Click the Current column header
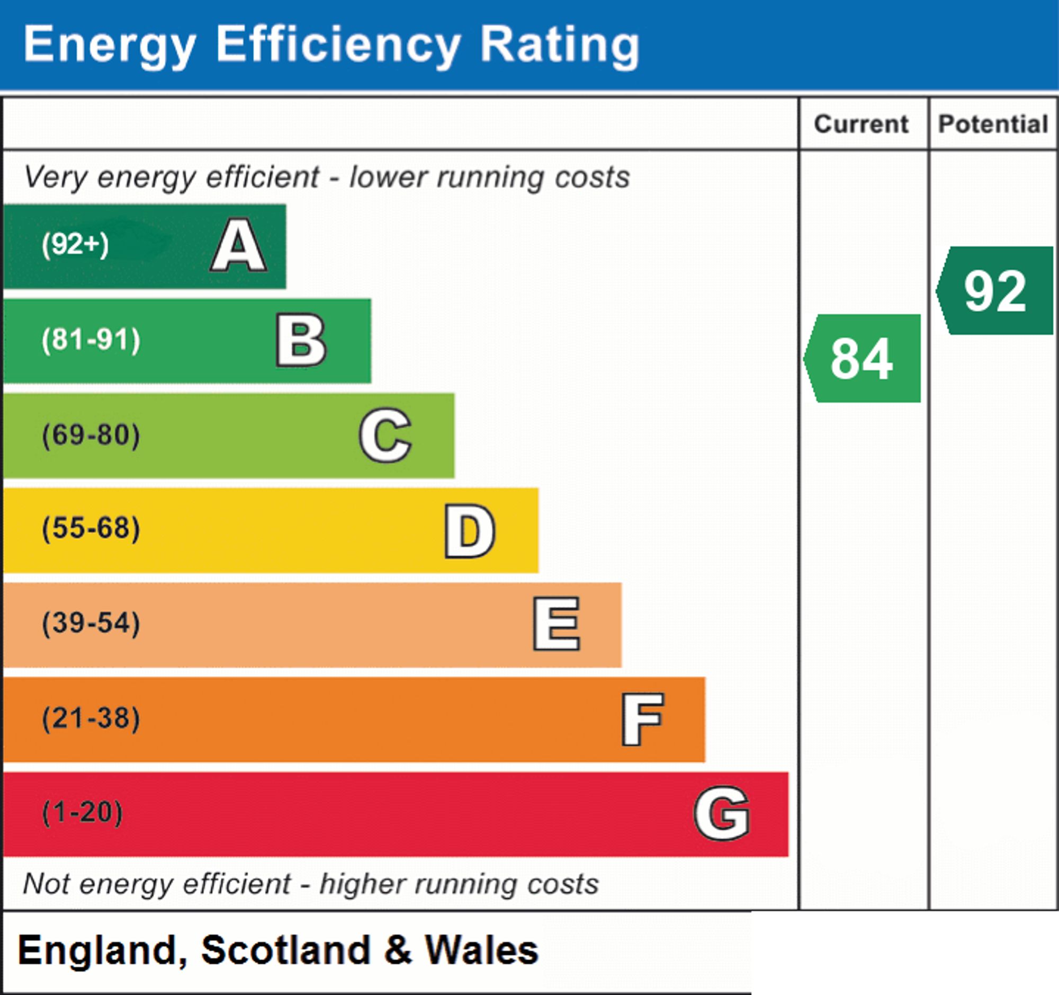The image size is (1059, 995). click(861, 124)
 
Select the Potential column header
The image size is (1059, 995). click(993, 124)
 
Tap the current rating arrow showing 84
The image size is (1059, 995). click(862, 358)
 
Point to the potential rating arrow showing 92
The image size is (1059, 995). click(994, 290)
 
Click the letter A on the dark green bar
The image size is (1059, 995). click(239, 245)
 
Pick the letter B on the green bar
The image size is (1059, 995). click(301, 340)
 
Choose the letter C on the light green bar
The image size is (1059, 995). click(385, 435)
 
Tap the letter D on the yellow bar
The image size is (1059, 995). click(470, 531)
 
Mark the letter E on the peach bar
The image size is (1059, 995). click(556, 624)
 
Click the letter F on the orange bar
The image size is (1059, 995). click(642, 719)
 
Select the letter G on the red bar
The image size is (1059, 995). click(722, 813)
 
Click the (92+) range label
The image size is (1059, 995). click(75, 245)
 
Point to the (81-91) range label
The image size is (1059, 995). click(91, 340)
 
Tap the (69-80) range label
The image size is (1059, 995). click(91, 435)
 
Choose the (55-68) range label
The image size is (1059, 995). click(91, 529)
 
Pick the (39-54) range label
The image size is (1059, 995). click(91, 623)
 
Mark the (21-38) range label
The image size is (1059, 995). click(91, 718)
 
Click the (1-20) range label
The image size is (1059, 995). click(82, 813)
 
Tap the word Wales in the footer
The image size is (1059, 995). click(481, 950)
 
